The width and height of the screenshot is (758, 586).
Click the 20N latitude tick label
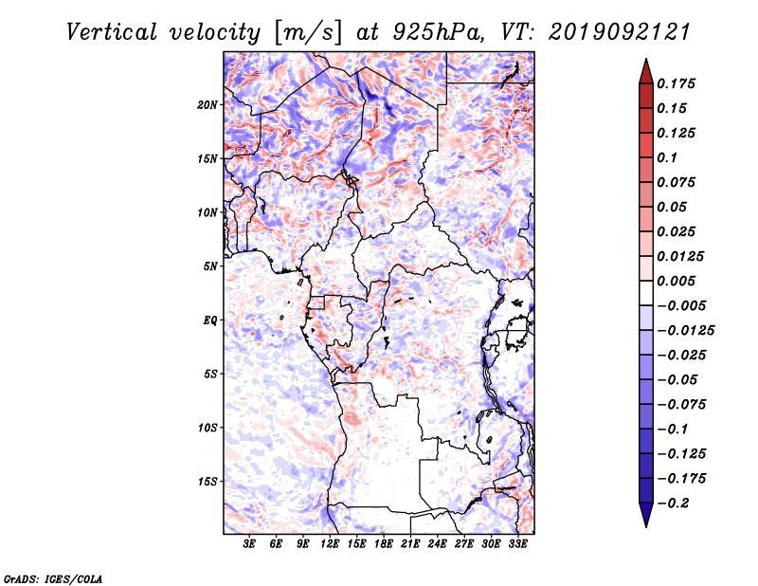click(208, 105)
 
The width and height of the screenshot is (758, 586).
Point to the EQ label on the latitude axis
click(210, 320)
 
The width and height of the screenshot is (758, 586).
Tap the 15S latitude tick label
click(208, 482)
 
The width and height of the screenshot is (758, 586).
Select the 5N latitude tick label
click(210, 266)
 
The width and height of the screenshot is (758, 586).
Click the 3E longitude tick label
click(249, 544)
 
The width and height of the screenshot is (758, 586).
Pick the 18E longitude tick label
click(384, 544)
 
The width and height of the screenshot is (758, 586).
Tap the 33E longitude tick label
click(517, 544)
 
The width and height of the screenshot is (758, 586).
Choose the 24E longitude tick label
click(437, 544)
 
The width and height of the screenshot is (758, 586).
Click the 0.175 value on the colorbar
click(676, 83)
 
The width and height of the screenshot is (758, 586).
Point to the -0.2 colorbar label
click(673, 504)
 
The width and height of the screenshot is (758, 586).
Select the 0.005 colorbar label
click(676, 281)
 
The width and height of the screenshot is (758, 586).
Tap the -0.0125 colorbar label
click(685, 331)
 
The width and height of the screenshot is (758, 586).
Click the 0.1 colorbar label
click(667, 157)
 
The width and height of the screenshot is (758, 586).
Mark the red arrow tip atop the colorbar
click(646, 60)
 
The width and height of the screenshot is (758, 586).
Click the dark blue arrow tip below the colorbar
click(646, 525)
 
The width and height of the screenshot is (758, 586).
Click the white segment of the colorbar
click(646, 293)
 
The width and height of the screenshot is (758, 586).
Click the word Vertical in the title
click(112, 32)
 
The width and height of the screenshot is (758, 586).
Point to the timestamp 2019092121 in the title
click(620, 32)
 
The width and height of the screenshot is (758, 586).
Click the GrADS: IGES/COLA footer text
click(53, 578)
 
